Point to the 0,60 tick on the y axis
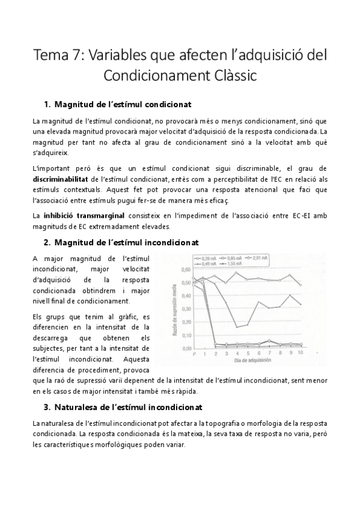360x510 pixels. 186,269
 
